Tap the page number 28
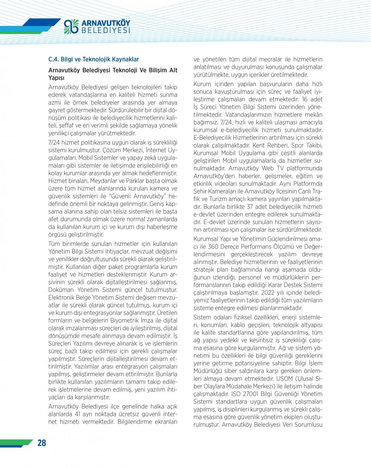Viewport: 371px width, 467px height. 42,443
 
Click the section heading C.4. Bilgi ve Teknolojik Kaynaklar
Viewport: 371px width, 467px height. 93,59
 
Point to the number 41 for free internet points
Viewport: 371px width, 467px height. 77,414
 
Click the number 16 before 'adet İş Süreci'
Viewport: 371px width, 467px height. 305,99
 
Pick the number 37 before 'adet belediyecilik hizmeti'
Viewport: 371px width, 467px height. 250,207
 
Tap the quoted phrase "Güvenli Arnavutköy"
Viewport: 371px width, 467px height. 135,196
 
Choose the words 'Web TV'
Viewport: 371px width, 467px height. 273,168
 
